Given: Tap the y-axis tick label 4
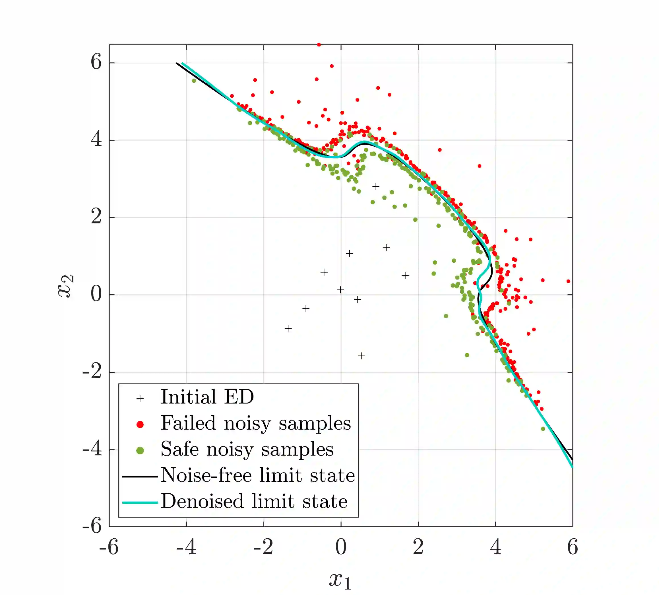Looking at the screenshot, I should (x=96, y=139).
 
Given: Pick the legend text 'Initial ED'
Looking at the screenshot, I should (x=207, y=397).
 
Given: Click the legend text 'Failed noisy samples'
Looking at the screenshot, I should (x=256, y=423).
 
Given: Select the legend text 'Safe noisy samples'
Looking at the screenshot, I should (x=247, y=449).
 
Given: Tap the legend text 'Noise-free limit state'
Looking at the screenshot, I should (x=258, y=475).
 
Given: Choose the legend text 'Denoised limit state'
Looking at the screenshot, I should (x=254, y=501).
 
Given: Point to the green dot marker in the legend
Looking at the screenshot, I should (x=140, y=450).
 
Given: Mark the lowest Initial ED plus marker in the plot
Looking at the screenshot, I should (x=361, y=356).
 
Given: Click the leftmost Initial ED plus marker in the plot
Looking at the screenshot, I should (x=288, y=329).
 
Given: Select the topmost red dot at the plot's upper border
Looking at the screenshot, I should (x=319, y=45).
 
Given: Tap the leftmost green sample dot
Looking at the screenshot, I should (x=194, y=81).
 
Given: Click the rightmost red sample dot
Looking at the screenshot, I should (x=568, y=281).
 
